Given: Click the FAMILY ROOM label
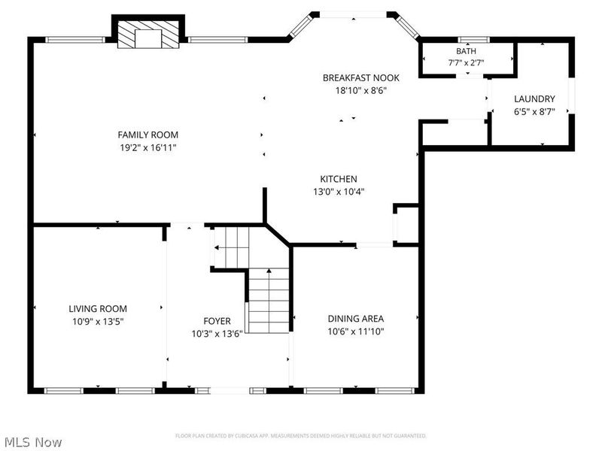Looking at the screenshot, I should (x=147, y=135).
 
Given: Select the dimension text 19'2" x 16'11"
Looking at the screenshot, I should (x=147, y=147).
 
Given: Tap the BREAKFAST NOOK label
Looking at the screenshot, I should (x=360, y=77).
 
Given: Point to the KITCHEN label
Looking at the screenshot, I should (x=339, y=179).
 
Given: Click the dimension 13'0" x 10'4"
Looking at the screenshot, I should (x=339, y=192).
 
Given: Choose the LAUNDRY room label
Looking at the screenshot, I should (x=534, y=98).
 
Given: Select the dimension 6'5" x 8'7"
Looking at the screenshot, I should (x=534, y=111).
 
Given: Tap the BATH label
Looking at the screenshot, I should (x=466, y=51).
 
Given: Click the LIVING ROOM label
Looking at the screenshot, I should (x=98, y=308).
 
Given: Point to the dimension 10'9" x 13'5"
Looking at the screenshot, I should (x=98, y=321).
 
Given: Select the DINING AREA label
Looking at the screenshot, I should (x=355, y=318).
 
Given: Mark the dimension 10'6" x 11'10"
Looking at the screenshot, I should (x=355, y=331).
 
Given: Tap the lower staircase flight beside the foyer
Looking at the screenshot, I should (x=269, y=300).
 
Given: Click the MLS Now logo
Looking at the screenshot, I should (x=32, y=442).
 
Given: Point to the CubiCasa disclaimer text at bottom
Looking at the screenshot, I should (x=301, y=435).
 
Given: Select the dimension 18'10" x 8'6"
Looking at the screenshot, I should (x=360, y=90).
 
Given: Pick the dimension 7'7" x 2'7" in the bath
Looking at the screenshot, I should (x=466, y=63).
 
